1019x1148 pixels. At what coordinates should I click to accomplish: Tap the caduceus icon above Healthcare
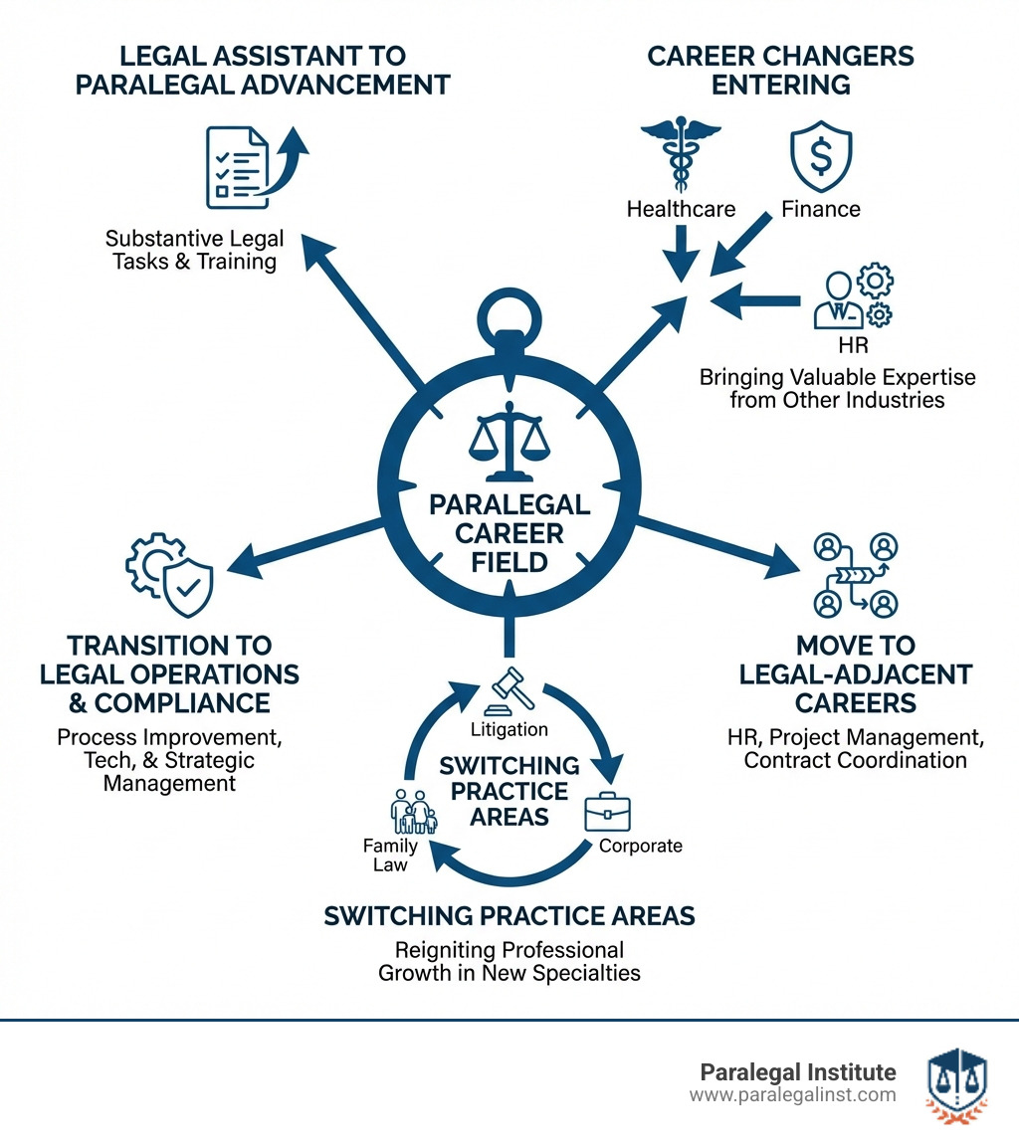pos(681,157)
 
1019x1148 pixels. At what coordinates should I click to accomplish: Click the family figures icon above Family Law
pos(413,811)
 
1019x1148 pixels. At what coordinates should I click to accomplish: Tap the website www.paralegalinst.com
pos(792,1095)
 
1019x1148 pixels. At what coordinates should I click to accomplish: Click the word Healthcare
pos(681,209)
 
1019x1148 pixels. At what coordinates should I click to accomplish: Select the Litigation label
pos(509,729)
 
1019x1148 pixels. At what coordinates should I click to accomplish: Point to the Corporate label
pos(641,847)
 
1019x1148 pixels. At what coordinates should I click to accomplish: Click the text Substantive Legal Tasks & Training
pos(194,250)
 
